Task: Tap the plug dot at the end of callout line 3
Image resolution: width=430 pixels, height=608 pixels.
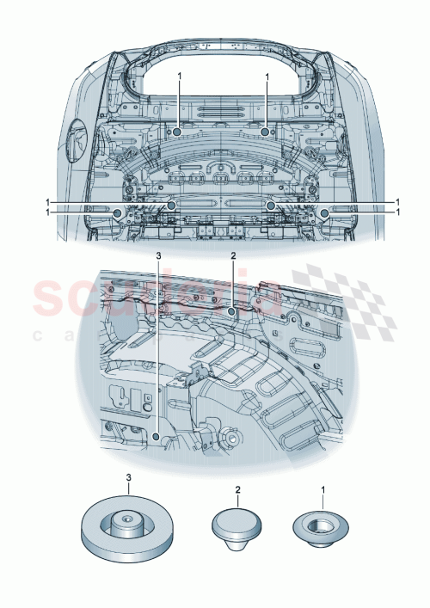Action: tap(155, 436)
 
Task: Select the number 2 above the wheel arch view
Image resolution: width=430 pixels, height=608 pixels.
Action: tap(233, 256)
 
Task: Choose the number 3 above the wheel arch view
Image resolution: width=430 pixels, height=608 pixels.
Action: tap(157, 256)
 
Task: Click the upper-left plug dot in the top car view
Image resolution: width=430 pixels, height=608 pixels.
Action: tap(175, 132)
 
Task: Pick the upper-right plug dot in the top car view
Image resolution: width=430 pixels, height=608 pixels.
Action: tap(266, 132)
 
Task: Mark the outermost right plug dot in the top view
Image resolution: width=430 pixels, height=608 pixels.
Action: tap(323, 212)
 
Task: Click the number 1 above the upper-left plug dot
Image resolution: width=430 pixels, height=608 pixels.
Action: tap(179, 77)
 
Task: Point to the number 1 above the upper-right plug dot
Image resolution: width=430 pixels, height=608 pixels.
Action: tap(267, 77)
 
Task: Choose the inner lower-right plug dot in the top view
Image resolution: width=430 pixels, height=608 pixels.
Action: tap(270, 206)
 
